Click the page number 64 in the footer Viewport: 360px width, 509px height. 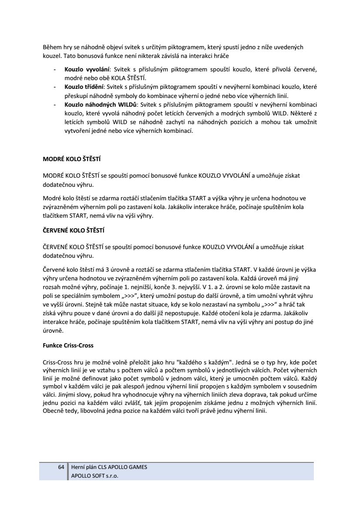61,467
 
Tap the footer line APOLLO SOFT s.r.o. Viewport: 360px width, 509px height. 95,475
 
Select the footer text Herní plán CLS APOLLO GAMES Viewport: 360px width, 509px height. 109,467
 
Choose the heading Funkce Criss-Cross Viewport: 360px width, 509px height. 68,345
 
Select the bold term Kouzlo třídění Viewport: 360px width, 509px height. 84,87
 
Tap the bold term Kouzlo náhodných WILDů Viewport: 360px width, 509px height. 101,104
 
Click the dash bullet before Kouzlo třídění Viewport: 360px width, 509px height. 54,87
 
